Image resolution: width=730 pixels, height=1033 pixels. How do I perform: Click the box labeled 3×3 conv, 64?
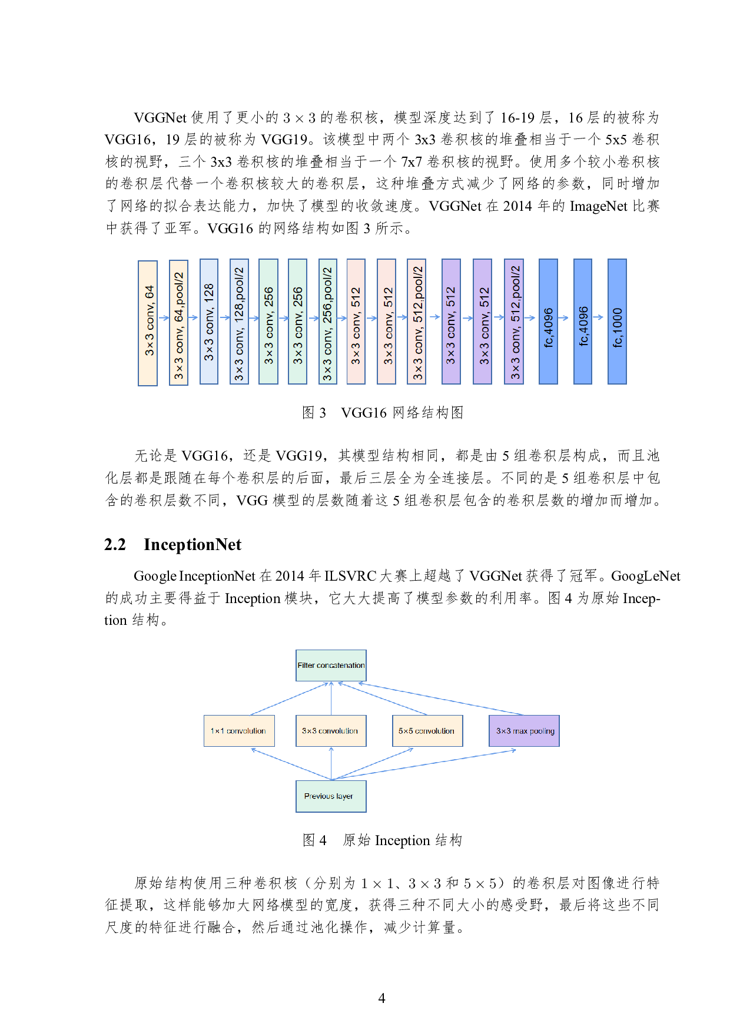click(148, 323)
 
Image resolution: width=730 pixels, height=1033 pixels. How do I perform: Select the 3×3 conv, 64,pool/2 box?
click(178, 323)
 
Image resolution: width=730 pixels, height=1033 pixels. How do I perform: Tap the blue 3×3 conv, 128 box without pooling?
click(209, 322)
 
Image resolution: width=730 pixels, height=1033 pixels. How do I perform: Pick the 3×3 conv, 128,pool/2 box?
click(239, 322)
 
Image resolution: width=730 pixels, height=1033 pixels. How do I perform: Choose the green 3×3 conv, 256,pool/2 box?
click(327, 322)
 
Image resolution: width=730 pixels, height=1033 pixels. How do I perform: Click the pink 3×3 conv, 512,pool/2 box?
click(416, 322)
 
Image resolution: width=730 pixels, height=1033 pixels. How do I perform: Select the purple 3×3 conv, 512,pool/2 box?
click(514, 322)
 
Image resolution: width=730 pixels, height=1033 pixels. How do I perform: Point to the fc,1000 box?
click(617, 322)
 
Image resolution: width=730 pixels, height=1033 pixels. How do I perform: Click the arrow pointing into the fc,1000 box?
click(599, 317)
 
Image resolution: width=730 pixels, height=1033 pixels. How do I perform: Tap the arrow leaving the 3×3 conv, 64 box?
click(164, 318)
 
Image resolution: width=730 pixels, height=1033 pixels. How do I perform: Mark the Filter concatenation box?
click(331, 666)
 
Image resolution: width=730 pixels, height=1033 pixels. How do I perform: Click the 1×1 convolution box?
click(239, 731)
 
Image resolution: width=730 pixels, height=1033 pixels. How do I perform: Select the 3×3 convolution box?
click(331, 731)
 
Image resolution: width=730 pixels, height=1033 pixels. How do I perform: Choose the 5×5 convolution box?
click(427, 731)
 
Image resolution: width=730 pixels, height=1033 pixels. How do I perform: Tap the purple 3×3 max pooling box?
click(524, 731)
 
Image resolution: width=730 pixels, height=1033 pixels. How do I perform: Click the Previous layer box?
click(331, 796)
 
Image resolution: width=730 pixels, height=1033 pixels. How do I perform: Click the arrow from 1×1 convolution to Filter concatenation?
click(288, 699)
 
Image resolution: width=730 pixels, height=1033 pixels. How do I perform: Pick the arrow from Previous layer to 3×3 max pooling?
click(424, 764)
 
